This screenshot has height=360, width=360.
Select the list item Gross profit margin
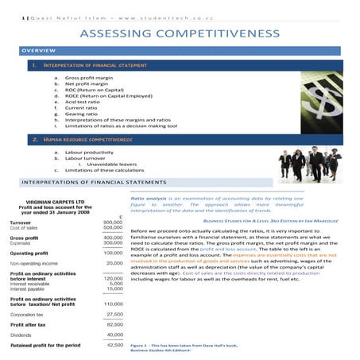(x=87, y=78)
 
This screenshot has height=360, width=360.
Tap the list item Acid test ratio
(x=83, y=102)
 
